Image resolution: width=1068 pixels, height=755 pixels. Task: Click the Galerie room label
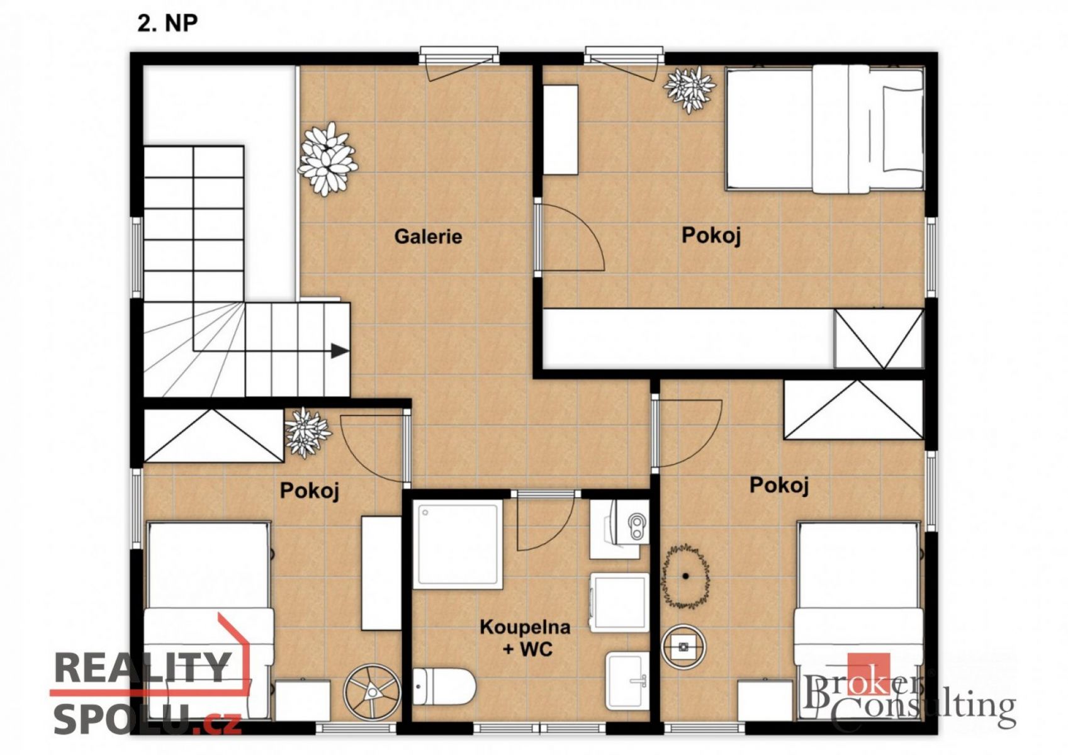point(428,237)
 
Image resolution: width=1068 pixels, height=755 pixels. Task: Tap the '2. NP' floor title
point(167,23)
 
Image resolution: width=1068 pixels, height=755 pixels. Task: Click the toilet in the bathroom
point(444,687)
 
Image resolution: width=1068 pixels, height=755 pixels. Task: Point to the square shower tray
point(458,544)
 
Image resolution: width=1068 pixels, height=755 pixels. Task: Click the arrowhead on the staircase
point(340,351)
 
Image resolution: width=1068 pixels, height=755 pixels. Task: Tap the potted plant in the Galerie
point(327,159)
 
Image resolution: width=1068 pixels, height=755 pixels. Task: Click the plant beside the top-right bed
point(689,89)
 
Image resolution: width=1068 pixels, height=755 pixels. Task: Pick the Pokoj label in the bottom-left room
point(310,491)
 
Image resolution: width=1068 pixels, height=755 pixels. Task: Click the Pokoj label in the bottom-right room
point(779,485)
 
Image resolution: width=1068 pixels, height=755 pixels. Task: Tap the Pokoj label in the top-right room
point(711,235)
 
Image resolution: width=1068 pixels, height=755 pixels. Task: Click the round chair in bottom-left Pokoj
point(373,691)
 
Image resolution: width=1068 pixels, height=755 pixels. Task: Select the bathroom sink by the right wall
point(627,681)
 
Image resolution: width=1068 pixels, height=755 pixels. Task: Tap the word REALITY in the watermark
point(142,668)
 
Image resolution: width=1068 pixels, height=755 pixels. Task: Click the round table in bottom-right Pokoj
point(683,647)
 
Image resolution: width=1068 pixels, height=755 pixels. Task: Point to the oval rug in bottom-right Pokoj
point(685,576)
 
